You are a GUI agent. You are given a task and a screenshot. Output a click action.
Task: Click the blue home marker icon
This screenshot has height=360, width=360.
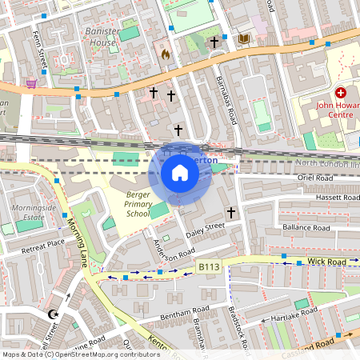point(180,173)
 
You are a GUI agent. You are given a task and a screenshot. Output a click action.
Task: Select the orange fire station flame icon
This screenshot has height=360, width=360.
point(166,54)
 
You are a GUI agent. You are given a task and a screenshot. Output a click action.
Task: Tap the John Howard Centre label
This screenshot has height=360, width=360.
point(334,108)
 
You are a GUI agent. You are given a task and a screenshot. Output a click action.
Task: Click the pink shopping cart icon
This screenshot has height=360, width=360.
point(31,82)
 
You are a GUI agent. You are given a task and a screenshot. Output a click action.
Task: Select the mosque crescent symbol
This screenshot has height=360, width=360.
point(54,315)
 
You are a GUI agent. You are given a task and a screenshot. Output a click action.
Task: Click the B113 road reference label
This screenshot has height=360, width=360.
point(208,266)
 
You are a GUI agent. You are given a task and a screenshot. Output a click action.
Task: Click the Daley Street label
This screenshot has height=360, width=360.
point(206,230)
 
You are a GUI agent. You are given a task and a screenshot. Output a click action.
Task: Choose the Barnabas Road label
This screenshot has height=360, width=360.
point(227,100)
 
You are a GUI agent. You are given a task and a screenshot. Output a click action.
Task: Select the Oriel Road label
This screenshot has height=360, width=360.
point(313,178)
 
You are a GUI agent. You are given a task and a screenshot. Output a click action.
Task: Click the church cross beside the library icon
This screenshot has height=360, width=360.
point(214,42)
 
